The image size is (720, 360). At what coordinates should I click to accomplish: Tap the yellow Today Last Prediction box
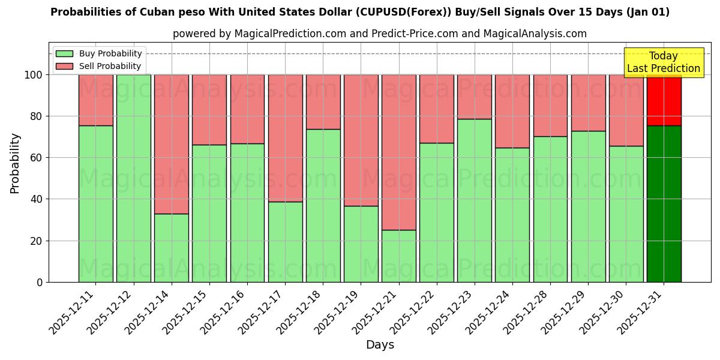tap(664, 62)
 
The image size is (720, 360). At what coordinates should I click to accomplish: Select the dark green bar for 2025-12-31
tap(664, 204)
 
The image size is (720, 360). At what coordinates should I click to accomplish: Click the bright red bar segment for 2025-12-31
tap(664, 100)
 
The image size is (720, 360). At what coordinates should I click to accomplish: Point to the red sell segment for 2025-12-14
tap(172, 144)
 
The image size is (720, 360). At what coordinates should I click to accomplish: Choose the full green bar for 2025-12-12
tap(134, 178)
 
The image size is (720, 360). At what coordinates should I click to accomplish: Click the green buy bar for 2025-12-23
tap(475, 200)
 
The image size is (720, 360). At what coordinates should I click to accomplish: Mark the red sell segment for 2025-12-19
tap(361, 140)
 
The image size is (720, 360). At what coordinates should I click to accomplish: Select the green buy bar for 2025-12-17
tap(285, 242)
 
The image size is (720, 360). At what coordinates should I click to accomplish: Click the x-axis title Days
tap(380, 345)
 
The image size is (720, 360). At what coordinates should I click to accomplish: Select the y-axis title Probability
tap(15, 163)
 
